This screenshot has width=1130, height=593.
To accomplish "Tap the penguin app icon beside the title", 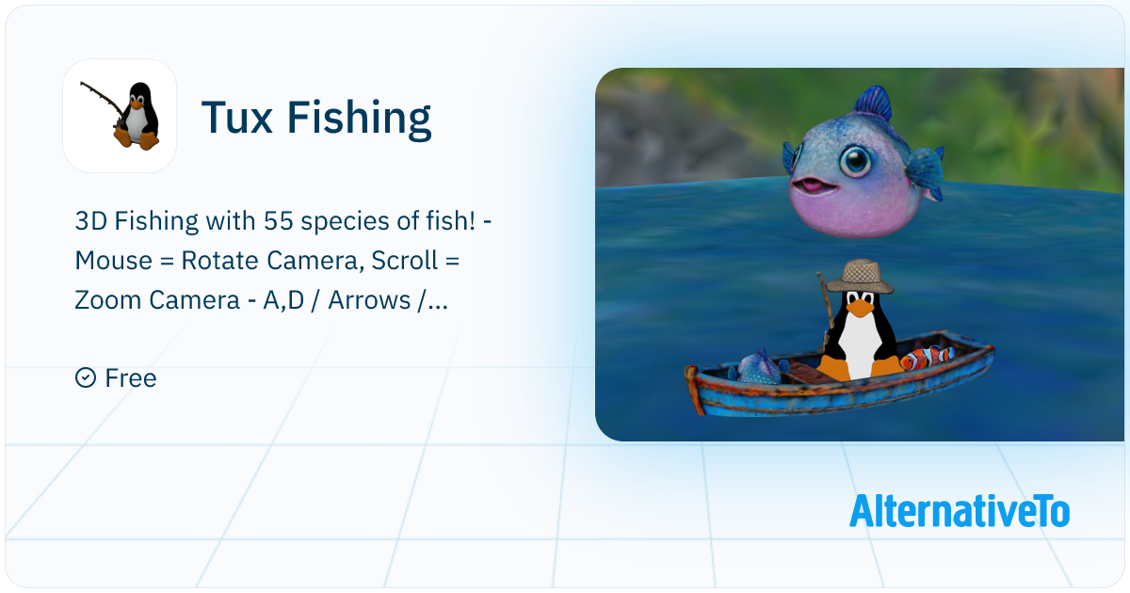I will [x=120, y=116].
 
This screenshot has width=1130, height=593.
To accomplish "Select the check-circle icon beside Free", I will [x=85, y=377].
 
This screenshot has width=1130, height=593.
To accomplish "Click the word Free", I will [x=131, y=377].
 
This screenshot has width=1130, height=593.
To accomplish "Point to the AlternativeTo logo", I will [x=959, y=511].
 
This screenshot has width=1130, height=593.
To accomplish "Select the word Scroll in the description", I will [x=405, y=259].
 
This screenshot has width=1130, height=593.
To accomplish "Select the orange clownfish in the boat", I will [x=927, y=357].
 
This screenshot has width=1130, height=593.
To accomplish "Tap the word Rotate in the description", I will [x=226, y=259].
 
